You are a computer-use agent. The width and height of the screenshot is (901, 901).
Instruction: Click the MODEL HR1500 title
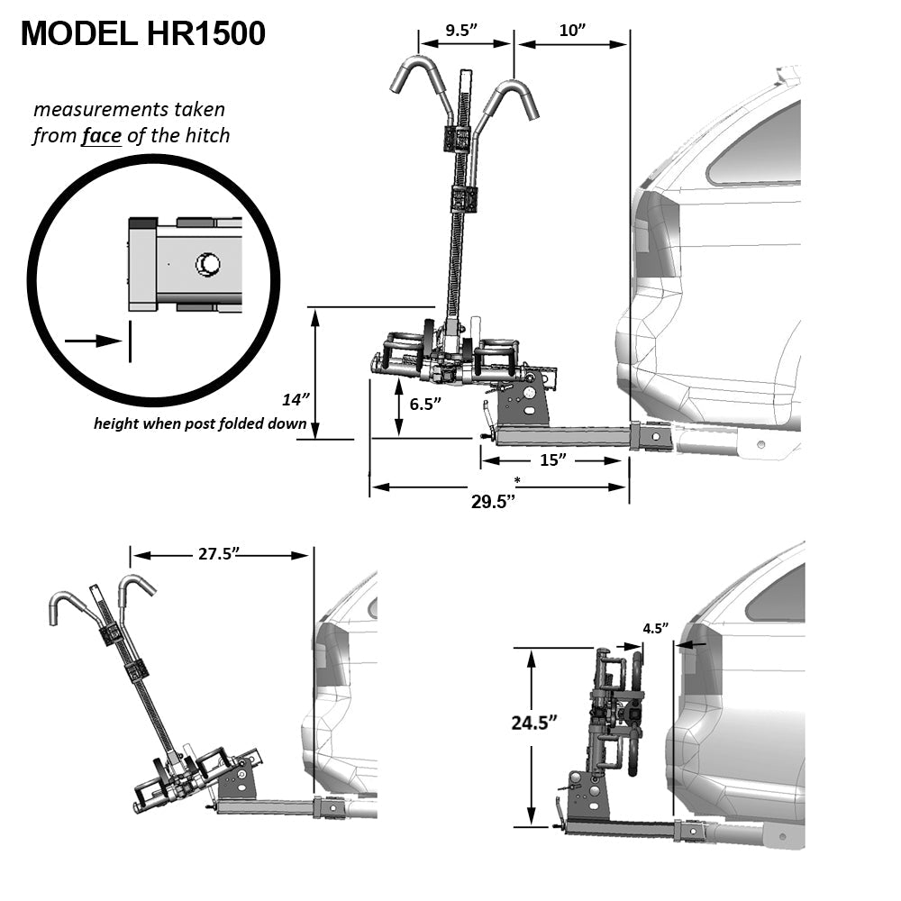pos(142,34)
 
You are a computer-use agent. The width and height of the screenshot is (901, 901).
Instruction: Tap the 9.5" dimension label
pos(462,30)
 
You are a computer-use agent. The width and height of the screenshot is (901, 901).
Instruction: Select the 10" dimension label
pos(572,30)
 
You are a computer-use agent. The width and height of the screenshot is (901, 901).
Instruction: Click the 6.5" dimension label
pos(427,405)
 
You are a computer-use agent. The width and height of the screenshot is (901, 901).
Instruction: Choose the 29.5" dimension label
pos(493,502)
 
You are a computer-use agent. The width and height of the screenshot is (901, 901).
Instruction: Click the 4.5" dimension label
pos(656,628)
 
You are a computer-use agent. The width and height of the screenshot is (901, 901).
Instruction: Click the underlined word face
pos(100,136)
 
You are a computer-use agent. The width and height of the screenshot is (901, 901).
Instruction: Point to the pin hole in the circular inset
pos(208,264)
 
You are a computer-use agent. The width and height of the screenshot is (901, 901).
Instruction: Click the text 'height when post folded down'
pos(200,423)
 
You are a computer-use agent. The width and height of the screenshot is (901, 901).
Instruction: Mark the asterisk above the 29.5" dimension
pos(517,479)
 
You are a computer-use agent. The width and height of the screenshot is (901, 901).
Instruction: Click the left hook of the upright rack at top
pos(416,72)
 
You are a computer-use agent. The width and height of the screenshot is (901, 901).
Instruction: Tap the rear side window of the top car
pos(757,149)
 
